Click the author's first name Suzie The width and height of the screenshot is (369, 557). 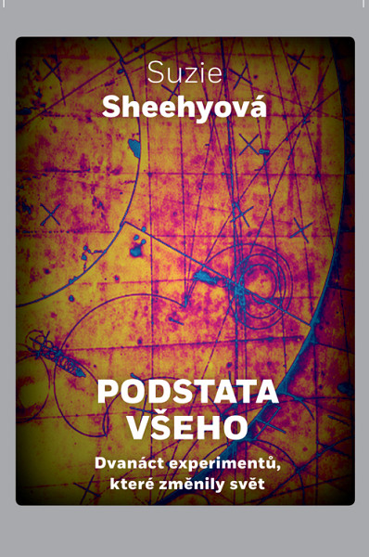[184, 73]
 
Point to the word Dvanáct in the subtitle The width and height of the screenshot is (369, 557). [124, 460]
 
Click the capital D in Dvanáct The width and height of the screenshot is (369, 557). [100, 460]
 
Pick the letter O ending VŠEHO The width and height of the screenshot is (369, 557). [236, 426]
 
